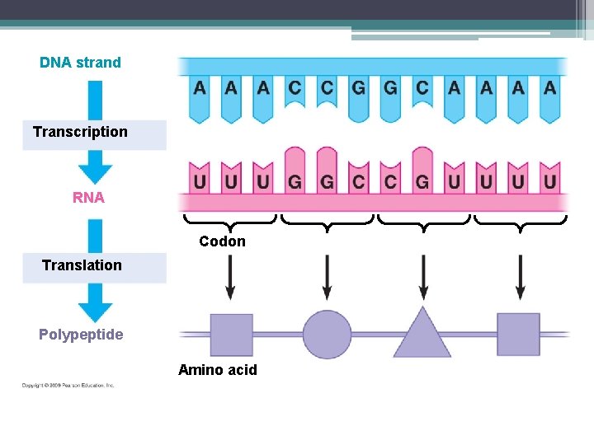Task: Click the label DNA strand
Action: pos(80,63)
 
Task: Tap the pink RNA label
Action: pos(88,198)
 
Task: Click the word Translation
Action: pos(82,265)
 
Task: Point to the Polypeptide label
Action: pos(81,335)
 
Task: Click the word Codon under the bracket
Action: pos(222,241)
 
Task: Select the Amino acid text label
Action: pos(218,370)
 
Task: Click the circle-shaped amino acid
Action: pos(327,335)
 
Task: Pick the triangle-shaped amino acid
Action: pos(422,334)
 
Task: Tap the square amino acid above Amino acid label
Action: pos(231,335)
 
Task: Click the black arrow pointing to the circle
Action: pos(327,277)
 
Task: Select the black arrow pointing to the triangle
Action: pos(423,277)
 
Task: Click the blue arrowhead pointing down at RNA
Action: pos(95,171)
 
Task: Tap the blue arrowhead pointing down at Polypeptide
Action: pos(95,309)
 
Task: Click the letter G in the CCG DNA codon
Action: pos(358,87)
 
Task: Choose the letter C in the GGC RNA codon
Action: pos(358,181)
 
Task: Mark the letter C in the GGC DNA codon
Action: pos(422,87)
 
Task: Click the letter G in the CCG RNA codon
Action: pos(422,181)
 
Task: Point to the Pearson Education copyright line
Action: pos(68,385)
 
